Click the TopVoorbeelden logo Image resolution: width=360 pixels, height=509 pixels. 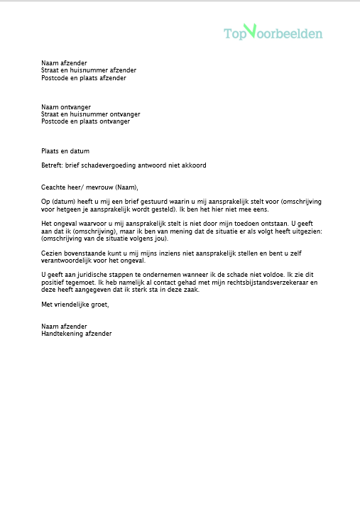pos(273,33)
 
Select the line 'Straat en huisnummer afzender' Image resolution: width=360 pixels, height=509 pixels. pos(89,70)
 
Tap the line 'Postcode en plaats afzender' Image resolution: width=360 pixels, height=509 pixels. pos(84,78)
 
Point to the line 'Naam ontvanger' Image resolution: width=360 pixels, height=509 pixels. pos(66,106)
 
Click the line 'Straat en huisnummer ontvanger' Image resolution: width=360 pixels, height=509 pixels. pos(90,114)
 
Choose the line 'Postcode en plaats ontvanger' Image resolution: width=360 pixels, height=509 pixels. pos(85,121)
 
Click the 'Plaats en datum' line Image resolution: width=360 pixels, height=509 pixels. pos(65,151)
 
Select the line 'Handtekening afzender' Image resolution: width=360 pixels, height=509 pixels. pos(77,334)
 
